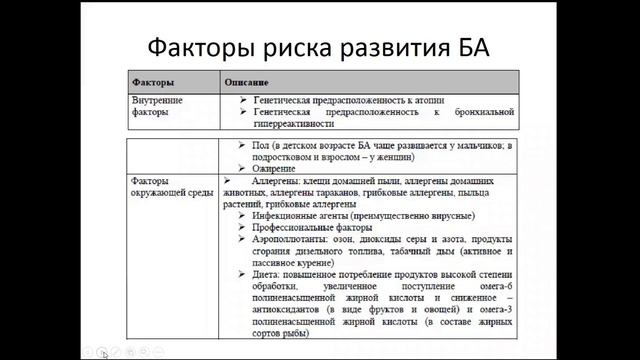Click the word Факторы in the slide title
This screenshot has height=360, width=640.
tap(199, 47)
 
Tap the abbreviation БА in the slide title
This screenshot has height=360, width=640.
tap(465, 47)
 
